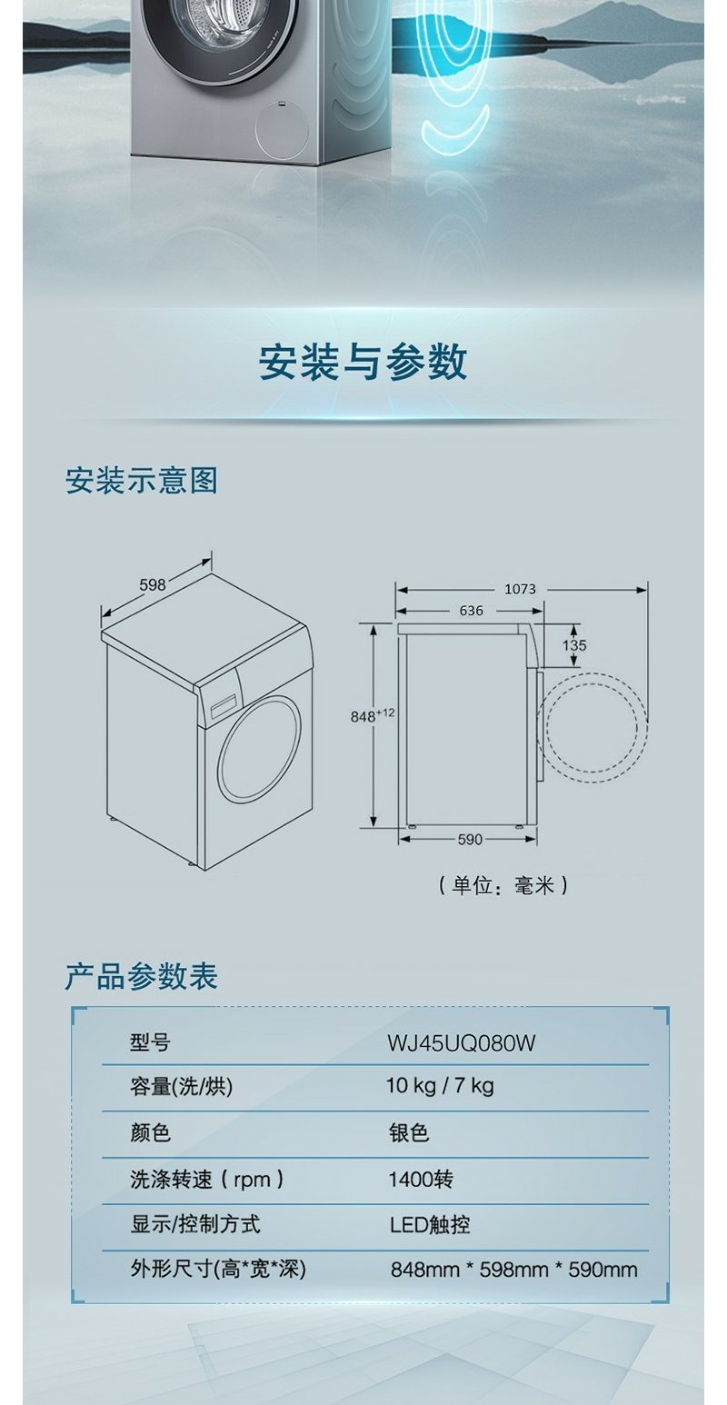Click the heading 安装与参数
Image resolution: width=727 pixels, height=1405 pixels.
[363, 362]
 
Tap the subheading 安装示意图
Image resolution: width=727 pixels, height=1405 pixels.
[142, 480]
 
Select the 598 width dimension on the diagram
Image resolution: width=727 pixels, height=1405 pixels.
[153, 585]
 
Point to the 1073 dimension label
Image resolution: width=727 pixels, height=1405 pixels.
[520, 589]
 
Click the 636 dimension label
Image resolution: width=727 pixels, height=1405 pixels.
[471, 611]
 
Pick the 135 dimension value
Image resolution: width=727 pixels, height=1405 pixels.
[574, 645]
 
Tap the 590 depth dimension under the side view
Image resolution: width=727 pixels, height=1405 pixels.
[469, 840]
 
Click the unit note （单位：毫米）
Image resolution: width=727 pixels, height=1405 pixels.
[503, 884]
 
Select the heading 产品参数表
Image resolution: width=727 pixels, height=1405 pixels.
[142, 976]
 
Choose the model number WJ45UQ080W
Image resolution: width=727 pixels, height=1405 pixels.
[461, 1043]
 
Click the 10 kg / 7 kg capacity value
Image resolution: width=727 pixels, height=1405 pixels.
[440, 1086]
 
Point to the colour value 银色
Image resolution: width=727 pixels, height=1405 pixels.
[408, 1133]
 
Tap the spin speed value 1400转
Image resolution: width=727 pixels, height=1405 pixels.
[420, 1180]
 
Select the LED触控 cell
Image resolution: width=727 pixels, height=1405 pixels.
[430, 1225]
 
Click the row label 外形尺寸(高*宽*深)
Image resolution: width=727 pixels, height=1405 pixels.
[218, 1270]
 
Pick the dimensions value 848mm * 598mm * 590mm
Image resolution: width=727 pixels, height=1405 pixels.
[513, 1270]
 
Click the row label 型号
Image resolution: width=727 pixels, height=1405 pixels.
[150, 1043]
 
